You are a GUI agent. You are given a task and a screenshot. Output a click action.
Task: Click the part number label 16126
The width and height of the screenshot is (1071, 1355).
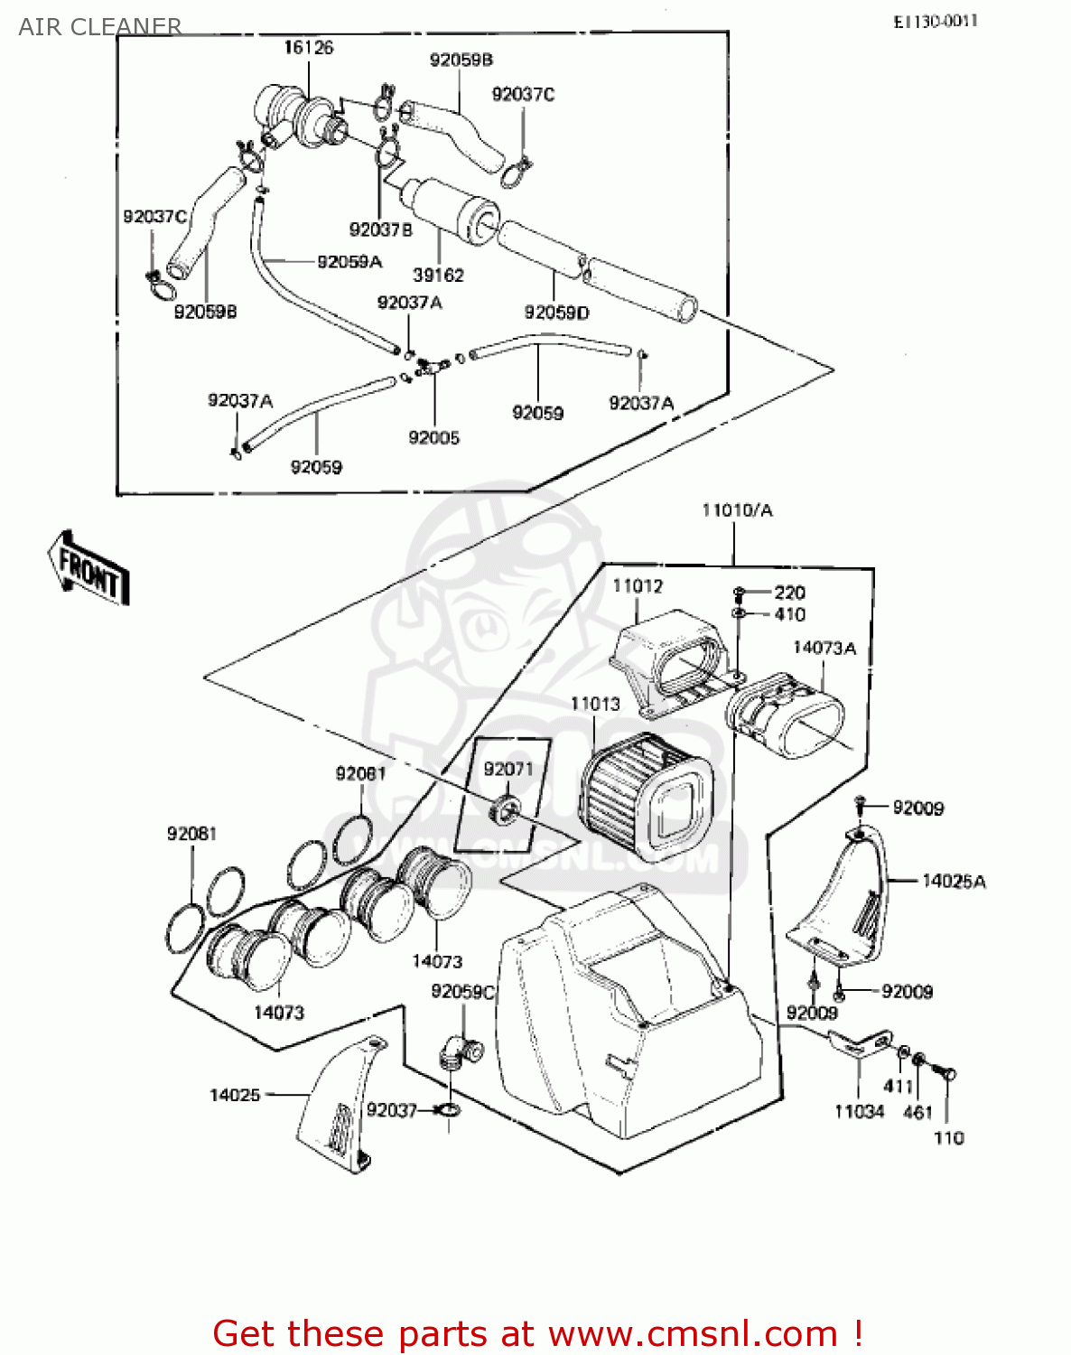(x=308, y=47)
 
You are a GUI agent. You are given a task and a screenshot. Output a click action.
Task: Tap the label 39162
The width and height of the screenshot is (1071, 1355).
(x=438, y=275)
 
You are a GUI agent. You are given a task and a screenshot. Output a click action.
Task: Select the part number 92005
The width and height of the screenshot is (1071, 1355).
(x=433, y=437)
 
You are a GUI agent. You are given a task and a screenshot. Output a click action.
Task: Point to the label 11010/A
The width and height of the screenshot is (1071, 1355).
(x=737, y=510)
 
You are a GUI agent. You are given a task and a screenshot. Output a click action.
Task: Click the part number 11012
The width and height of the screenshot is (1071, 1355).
(x=638, y=586)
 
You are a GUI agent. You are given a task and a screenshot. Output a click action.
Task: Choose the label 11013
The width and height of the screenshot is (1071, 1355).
(x=595, y=704)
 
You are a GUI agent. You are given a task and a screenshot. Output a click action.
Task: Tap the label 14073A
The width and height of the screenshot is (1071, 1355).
(x=824, y=648)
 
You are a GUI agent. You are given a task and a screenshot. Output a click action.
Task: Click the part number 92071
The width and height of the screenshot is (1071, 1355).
(x=508, y=769)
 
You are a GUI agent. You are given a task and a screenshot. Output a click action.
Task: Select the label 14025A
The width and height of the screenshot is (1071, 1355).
(x=954, y=881)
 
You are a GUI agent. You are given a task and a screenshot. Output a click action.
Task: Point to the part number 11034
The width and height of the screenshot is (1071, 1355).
(x=859, y=1112)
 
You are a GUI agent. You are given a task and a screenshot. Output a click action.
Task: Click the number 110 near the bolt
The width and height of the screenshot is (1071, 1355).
(x=948, y=1137)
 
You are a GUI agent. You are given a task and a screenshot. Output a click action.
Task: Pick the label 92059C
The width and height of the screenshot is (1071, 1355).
(x=462, y=992)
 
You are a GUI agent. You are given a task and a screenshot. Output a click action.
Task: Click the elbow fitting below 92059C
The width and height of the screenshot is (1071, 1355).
(x=459, y=1053)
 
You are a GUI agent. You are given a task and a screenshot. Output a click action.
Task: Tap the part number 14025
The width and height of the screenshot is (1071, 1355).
(x=235, y=1095)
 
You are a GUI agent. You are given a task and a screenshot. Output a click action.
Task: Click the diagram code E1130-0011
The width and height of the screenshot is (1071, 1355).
(x=936, y=21)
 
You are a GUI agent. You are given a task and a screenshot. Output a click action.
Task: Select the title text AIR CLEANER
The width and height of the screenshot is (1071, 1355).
(x=99, y=26)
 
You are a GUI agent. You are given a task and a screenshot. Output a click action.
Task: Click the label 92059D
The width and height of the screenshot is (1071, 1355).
(x=556, y=313)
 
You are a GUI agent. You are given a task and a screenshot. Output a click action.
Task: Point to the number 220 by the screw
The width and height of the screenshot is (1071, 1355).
(x=789, y=593)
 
